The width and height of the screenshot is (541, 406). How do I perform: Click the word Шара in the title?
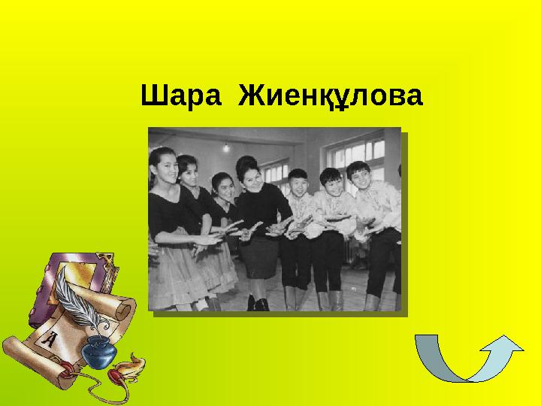[181, 95]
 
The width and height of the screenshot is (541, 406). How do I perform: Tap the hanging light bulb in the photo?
[226, 148]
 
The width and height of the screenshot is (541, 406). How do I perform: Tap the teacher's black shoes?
[258, 303]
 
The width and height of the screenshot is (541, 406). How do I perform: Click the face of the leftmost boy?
[298, 183]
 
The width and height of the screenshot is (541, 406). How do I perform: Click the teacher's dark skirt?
[258, 256]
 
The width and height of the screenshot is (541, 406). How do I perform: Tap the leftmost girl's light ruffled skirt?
[173, 273]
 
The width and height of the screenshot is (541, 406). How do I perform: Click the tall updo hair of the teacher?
[246, 165]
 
